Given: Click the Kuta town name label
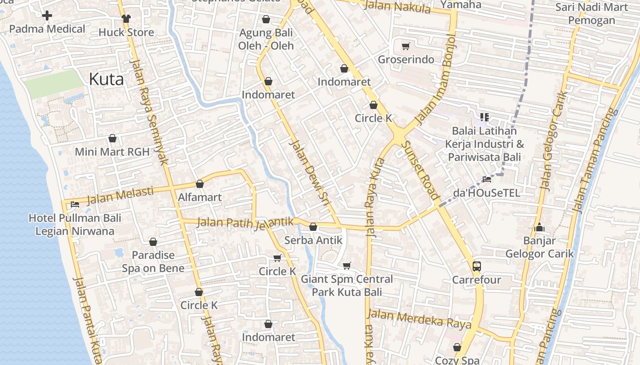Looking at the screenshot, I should tap(106, 79).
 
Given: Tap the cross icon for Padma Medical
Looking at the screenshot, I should tap(47, 16).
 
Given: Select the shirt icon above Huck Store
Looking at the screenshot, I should tap(126, 19).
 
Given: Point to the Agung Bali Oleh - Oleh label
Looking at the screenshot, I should tap(266, 39).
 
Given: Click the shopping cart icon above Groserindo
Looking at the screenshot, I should tap(405, 46).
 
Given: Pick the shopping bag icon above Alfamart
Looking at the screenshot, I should tap(199, 184).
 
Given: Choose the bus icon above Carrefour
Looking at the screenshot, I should tap(476, 266).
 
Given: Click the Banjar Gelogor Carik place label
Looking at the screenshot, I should tap(539, 247).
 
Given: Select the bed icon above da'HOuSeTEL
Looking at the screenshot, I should tap(487, 179).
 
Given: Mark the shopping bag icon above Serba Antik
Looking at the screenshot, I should tap(313, 227).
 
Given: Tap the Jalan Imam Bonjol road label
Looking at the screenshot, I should tap(434, 79).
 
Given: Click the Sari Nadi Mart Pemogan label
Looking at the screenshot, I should tap(592, 14).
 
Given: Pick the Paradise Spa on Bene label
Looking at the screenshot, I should tap(153, 261).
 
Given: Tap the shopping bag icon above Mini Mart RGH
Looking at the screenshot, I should tap(112, 138).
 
